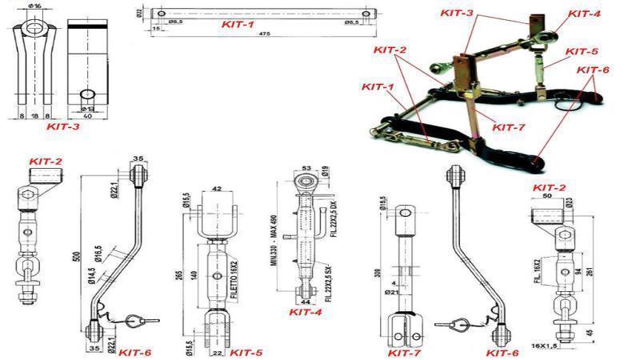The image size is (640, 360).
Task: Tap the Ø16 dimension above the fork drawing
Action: click(x=34, y=6)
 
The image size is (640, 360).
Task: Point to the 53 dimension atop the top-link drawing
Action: click(x=306, y=169)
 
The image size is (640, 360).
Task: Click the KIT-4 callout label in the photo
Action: click(x=585, y=14)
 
